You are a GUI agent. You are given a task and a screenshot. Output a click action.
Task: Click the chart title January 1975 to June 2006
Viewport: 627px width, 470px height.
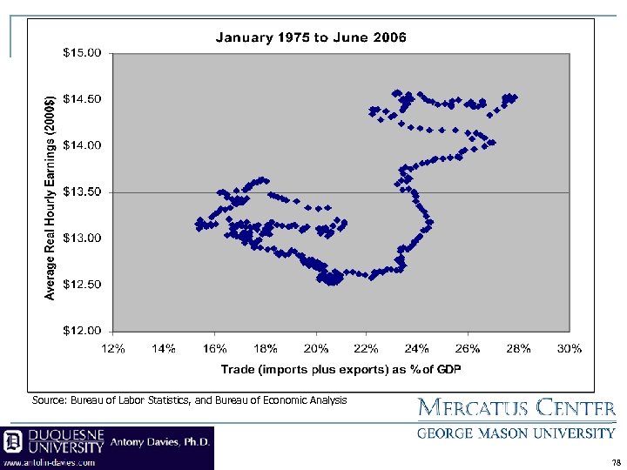pos(310,37)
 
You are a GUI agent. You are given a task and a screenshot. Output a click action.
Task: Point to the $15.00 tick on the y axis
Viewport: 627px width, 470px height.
pos(83,52)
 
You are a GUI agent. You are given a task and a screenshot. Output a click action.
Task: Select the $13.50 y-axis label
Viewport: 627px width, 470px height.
pos(83,191)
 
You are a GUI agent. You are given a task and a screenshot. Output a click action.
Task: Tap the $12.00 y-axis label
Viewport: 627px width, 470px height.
pos(83,331)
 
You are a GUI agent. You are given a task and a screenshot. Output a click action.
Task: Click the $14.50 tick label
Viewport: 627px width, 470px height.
pos(83,98)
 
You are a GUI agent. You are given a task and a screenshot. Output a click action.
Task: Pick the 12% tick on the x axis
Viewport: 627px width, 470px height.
pos(113,348)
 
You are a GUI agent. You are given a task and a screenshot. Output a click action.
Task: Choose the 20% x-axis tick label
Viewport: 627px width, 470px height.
pos(316,348)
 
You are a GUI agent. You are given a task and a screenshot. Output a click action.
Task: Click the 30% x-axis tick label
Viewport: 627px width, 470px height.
pos(570,348)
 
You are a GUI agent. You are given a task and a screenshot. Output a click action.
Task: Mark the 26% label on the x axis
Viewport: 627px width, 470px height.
pos(469,348)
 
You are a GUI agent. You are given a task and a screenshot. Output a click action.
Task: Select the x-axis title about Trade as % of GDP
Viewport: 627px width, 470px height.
pos(340,369)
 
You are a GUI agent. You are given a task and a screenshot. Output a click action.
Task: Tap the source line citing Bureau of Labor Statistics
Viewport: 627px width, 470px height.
pos(189,400)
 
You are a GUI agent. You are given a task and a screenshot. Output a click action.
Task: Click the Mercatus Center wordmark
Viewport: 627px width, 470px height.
pos(517,408)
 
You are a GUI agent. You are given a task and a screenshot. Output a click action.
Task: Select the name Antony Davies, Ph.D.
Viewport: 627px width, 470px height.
pos(160,441)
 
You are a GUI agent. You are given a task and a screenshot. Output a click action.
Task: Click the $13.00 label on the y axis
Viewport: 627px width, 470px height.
pos(83,238)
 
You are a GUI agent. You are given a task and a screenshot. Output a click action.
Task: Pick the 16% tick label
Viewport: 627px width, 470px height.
pos(215,348)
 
